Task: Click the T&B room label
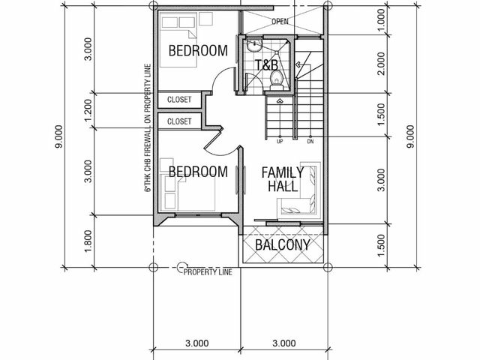click(266, 65)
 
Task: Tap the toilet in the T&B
click(277, 80)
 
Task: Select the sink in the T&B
click(254, 45)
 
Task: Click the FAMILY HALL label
click(283, 179)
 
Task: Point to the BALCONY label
click(283, 244)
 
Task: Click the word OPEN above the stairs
click(280, 21)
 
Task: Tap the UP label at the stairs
click(280, 142)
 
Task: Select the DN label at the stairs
click(310, 142)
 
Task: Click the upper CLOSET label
click(179, 100)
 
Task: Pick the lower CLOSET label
click(179, 121)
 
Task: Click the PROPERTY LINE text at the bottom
click(208, 271)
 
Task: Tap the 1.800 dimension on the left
click(88, 241)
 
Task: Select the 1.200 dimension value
click(88, 110)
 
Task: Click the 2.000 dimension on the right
click(381, 64)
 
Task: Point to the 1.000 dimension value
click(381, 20)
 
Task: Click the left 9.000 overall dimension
click(58, 136)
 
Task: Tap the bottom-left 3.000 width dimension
click(196, 343)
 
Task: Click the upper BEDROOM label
click(198, 50)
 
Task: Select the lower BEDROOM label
click(198, 172)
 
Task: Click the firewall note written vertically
click(148, 127)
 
